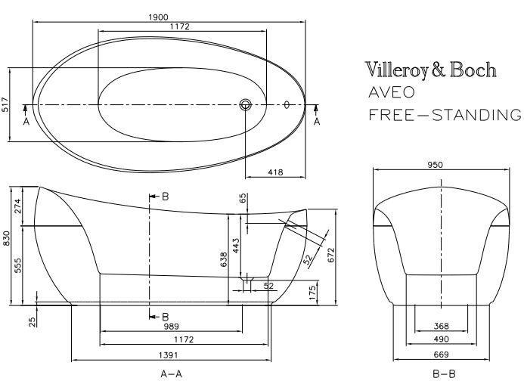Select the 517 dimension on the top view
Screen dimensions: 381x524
coord(5,105)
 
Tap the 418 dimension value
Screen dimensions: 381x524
coord(275,172)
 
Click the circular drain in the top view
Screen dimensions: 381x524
coord(245,105)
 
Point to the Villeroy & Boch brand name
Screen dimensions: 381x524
coord(431,70)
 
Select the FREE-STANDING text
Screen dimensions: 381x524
coord(445,116)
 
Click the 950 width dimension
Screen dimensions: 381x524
coord(436,165)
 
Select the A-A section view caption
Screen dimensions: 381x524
coord(172,373)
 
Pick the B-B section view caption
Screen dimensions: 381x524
coord(443,373)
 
